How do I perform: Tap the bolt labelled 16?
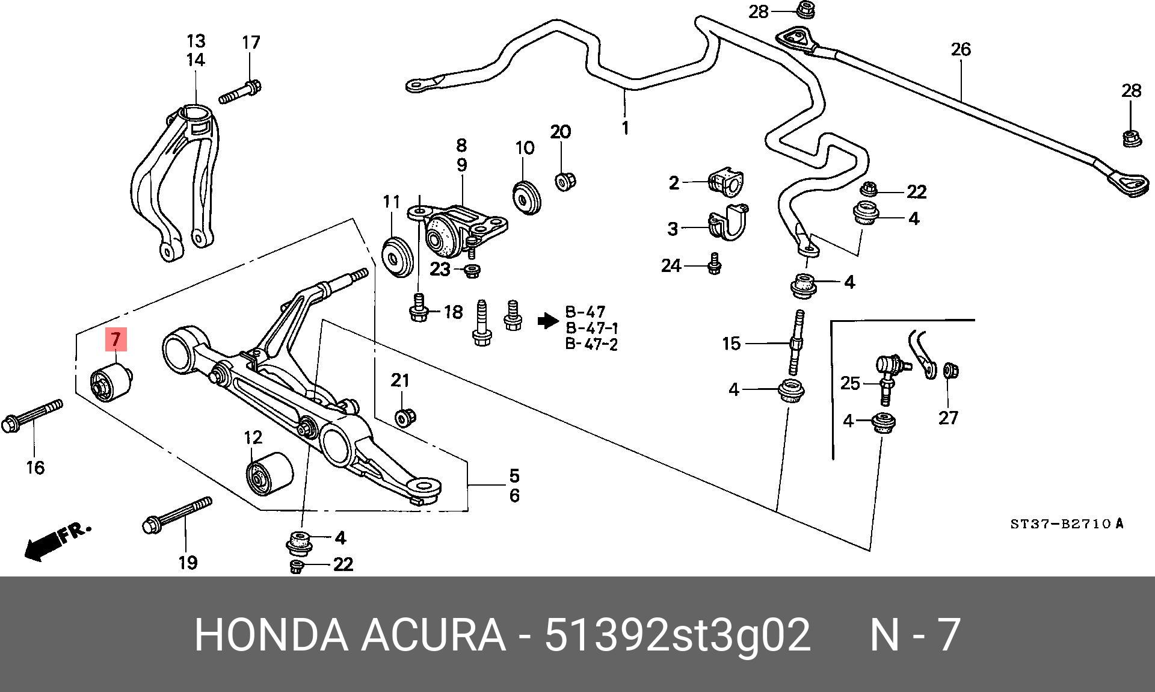(x=32, y=416)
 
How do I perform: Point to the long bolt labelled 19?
(x=177, y=515)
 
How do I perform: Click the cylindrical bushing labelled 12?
(x=269, y=475)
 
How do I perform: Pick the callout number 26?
(x=961, y=49)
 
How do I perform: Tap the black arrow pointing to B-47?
(x=547, y=321)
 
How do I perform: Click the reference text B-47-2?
(x=591, y=345)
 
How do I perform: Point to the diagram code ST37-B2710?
(x=1059, y=524)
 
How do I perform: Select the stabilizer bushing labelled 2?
(x=725, y=183)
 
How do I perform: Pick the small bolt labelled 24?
(x=714, y=264)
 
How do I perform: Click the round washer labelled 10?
(x=527, y=196)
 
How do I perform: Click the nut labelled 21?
(x=405, y=416)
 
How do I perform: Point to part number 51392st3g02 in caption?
(x=678, y=634)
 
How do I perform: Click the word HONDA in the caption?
(x=271, y=634)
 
